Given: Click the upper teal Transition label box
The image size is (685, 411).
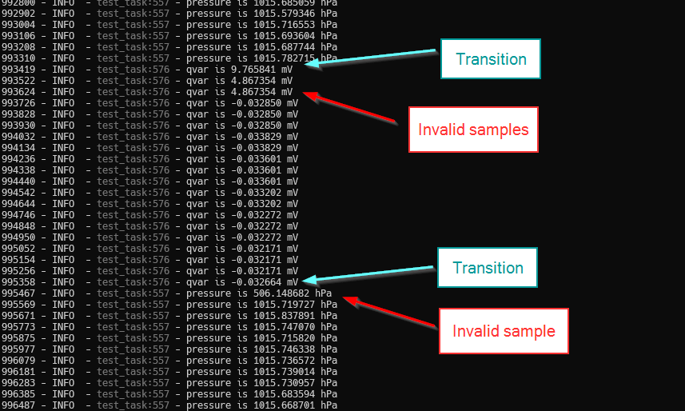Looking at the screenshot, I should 490,59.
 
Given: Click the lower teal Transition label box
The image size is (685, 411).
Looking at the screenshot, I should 487,268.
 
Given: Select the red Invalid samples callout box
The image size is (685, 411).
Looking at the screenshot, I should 473,130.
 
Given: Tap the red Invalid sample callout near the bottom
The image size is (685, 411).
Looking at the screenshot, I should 503,331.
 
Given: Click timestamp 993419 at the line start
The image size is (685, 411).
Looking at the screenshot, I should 18,70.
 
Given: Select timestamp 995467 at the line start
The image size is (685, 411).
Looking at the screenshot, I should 18,293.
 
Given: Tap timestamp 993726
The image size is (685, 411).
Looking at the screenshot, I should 18,103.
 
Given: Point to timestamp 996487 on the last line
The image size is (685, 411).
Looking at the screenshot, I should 18,405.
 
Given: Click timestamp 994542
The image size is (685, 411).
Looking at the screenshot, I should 18,193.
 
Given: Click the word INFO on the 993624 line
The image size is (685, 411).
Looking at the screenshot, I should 63,92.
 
